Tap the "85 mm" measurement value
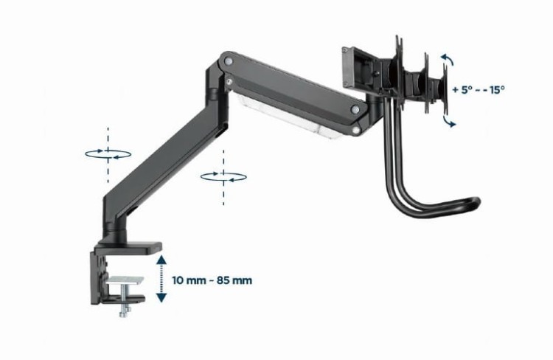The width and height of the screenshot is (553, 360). click(x=234, y=280)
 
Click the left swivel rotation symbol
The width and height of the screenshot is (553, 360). click(x=108, y=153)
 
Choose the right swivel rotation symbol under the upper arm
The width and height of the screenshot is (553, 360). click(x=223, y=176)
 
